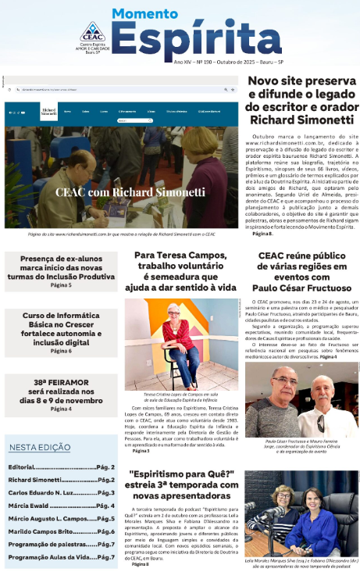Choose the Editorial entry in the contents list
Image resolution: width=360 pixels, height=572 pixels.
62,467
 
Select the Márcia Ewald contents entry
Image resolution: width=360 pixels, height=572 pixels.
62,506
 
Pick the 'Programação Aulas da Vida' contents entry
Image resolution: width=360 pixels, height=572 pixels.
62,557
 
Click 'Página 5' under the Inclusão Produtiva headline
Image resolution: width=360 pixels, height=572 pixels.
61,285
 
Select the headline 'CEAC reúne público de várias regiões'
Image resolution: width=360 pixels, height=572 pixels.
301,271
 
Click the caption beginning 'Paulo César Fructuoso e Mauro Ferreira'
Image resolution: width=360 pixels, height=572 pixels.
301,445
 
